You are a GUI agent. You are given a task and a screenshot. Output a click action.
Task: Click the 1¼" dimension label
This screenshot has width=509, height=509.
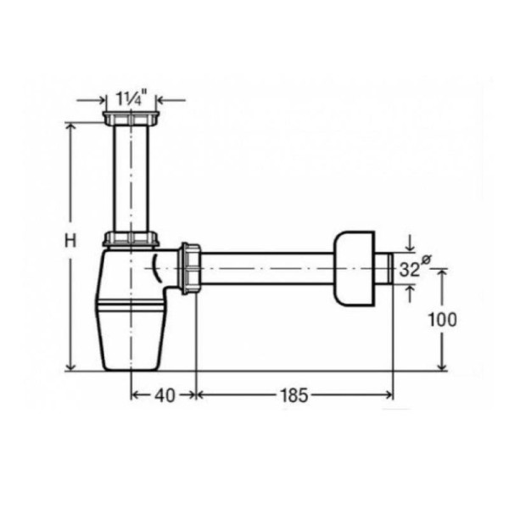[131, 98]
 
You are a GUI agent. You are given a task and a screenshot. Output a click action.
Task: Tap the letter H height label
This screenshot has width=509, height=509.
[70, 241]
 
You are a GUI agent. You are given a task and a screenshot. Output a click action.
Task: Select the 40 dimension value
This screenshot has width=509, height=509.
[165, 395]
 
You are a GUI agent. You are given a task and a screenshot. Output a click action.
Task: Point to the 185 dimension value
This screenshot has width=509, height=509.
[294, 395]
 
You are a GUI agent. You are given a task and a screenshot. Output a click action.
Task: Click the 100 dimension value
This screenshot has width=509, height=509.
[443, 320]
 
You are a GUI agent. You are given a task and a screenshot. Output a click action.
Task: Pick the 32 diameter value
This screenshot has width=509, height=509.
[409, 270]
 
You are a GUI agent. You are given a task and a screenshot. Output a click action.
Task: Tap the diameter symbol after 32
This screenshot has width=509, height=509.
[426, 260]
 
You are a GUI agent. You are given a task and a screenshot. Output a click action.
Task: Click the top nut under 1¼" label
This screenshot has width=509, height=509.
[131, 119]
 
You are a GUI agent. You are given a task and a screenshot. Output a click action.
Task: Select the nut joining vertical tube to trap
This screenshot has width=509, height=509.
[131, 238]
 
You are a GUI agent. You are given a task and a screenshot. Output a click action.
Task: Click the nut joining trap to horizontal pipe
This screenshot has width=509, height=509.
[190, 268]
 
